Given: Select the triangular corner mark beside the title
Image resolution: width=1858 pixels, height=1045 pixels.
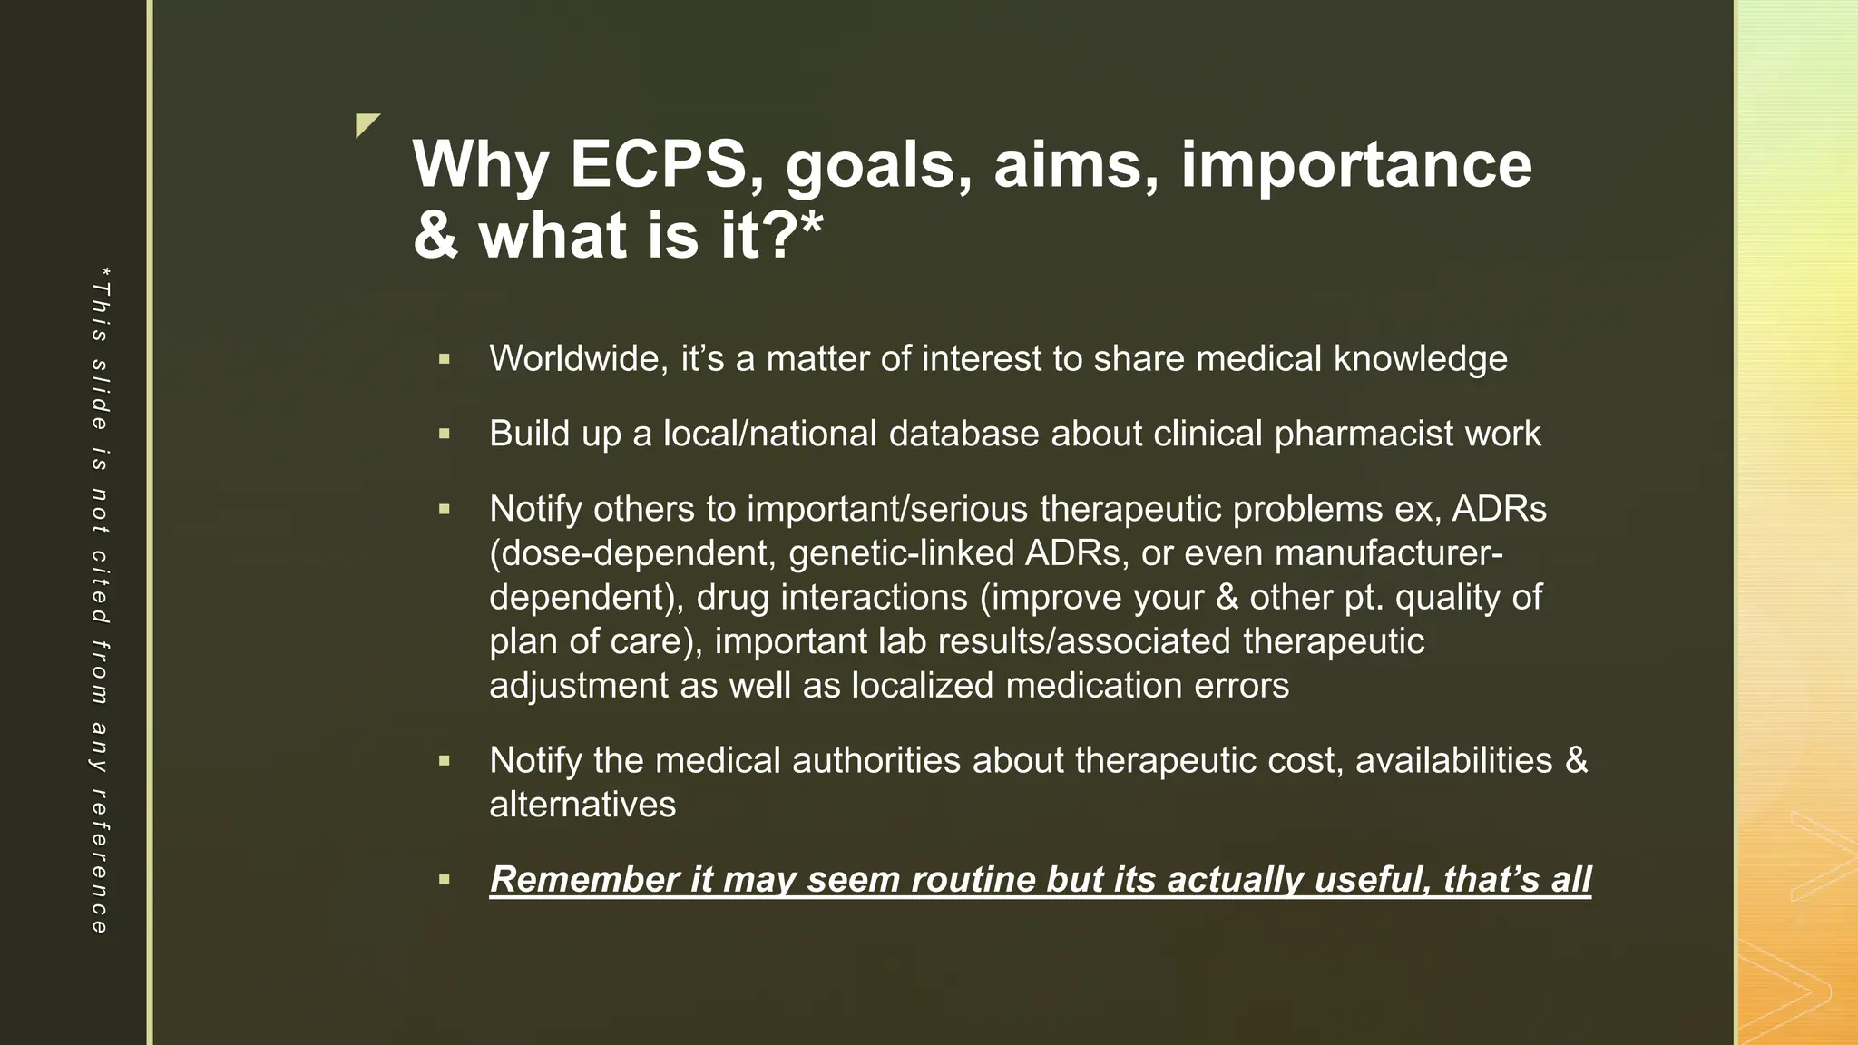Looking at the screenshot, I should coord(366,124).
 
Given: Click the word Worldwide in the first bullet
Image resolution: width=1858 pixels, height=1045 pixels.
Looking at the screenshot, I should coord(579,358).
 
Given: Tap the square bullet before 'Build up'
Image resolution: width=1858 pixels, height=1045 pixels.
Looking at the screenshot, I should coord(444,435).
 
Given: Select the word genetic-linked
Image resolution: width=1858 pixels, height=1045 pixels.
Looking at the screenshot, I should coord(901,553).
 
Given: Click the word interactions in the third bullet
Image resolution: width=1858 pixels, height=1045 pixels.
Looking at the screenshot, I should coord(874,597).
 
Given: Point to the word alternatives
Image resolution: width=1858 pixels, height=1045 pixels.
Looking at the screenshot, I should coord(582,805).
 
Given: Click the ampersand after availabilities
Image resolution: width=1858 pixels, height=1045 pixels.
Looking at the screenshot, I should coord(1577,760).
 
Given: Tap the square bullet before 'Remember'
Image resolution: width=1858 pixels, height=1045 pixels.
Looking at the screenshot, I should coord(444,880).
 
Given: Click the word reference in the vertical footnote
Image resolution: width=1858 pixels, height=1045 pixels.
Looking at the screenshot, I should coord(100,862).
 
